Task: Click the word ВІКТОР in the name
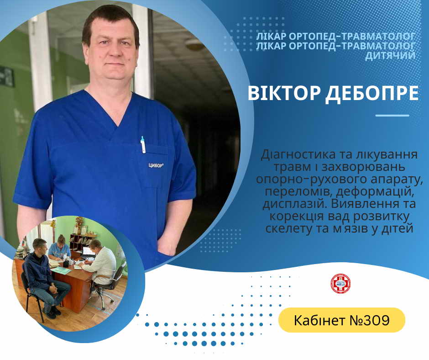[x=284, y=93]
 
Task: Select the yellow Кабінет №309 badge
[x=342, y=320]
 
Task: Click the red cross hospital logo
[x=340, y=284]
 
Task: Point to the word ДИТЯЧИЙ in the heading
[x=390, y=55]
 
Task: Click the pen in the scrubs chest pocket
[x=143, y=144]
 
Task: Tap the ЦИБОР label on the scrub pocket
[x=156, y=165]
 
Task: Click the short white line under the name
[x=392, y=115]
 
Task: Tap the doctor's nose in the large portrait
[x=114, y=51]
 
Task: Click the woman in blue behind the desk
[x=59, y=248]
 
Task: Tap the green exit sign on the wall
[x=6, y=76]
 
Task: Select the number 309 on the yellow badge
[x=379, y=320]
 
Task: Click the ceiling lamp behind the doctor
[x=195, y=44]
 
